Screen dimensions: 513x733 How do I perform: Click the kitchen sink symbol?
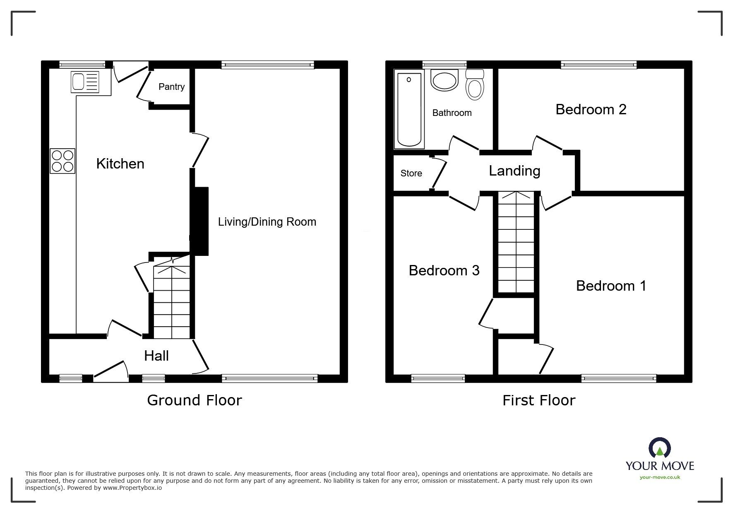pyautogui.click(x=85, y=82)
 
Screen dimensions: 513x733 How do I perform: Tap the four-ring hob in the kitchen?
pyautogui.click(x=62, y=161)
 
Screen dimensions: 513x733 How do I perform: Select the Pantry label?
pyautogui.click(x=171, y=87)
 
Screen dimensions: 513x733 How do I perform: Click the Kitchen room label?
pyautogui.click(x=120, y=164)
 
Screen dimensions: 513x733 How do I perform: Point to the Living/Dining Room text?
pyautogui.click(x=267, y=222)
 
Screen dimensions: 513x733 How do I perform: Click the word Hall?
pyautogui.click(x=156, y=356)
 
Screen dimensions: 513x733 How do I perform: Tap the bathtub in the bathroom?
pyautogui.click(x=409, y=109)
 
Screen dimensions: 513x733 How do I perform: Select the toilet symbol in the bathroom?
pyautogui.click(x=475, y=85)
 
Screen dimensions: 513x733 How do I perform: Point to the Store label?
pyautogui.click(x=411, y=173)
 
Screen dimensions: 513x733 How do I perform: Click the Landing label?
pyautogui.click(x=514, y=171)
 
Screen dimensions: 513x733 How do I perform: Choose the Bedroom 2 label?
pyautogui.click(x=591, y=110)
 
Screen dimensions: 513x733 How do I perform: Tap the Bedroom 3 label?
pyautogui.click(x=444, y=271)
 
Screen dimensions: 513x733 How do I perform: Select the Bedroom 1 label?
pyautogui.click(x=611, y=286)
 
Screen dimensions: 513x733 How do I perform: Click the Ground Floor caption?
pyautogui.click(x=194, y=400)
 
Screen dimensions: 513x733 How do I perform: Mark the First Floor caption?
pyautogui.click(x=538, y=400)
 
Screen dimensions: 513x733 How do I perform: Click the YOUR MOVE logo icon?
pyautogui.click(x=659, y=448)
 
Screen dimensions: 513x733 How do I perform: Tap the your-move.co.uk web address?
pyautogui.click(x=660, y=477)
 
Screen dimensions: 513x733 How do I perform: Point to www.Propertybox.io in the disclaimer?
pyautogui.click(x=132, y=488)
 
